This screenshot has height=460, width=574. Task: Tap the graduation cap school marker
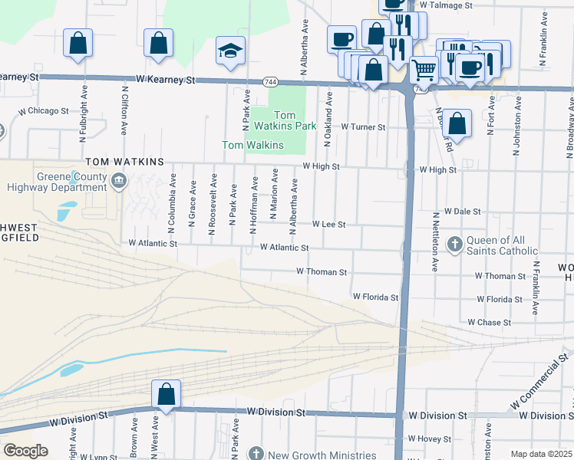tap(230, 51)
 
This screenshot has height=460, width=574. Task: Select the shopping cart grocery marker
tap(423, 70)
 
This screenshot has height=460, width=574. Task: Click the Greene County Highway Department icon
tap(118, 181)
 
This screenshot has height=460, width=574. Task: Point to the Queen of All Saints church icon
tap(454, 244)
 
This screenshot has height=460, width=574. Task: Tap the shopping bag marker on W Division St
tap(166, 394)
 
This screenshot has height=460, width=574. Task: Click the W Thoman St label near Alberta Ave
tap(322, 272)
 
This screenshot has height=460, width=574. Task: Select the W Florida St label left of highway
tap(375, 297)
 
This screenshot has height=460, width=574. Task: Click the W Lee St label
tap(329, 225)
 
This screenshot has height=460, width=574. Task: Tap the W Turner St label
tap(362, 127)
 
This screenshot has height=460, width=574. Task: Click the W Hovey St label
tap(429, 439)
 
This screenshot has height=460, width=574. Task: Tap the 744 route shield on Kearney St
tap(269, 81)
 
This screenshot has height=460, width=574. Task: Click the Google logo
tap(25, 451)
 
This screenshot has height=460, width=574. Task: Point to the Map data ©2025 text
tap(541, 454)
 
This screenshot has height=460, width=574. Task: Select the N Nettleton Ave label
tap(434, 242)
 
